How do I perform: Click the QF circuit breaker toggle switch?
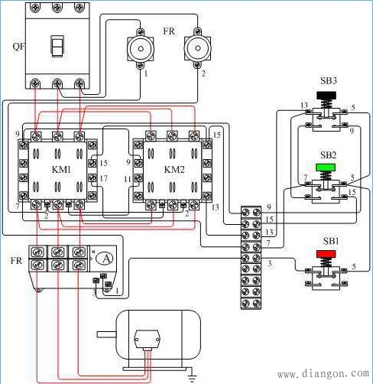(x=57, y=46)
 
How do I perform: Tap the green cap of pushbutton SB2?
(x=326, y=168)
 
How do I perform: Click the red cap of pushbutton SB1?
(x=326, y=254)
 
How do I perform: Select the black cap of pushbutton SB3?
(x=326, y=96)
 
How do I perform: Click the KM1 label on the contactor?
(x=61, y=170)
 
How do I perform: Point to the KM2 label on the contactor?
(x=174, y=170)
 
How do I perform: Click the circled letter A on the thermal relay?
(x=105, y=259)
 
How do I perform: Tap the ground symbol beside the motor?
(x=193, y=376)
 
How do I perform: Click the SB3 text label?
(x=329, y=81)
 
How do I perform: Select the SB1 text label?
(x=331, y=241)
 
